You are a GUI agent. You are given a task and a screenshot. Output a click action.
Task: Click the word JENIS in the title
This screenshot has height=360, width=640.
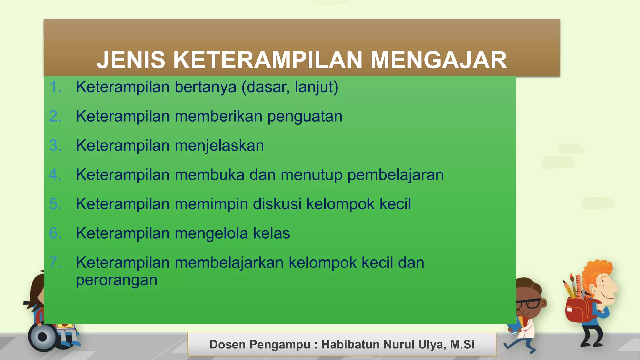(x=131, y=60)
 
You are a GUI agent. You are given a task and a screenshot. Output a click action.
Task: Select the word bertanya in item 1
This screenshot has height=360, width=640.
(x=205, y=87)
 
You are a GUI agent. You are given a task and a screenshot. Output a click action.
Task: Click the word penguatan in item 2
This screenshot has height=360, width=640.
(x=305, y=116)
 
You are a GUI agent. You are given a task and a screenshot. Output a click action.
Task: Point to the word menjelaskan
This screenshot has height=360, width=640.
(x=219, y=146)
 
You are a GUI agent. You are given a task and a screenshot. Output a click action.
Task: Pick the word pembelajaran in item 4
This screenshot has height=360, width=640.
(x=395, y=175)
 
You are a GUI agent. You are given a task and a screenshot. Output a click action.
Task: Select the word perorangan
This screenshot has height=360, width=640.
(x=117, y=280)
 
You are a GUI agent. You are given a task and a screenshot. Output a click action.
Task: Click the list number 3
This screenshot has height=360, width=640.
(x=55, y=146)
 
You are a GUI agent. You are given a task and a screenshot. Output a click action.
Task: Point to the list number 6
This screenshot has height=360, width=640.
(x=55, y=233)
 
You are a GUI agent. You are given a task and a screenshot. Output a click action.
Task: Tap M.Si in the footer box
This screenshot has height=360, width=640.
(x=462, y=344)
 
